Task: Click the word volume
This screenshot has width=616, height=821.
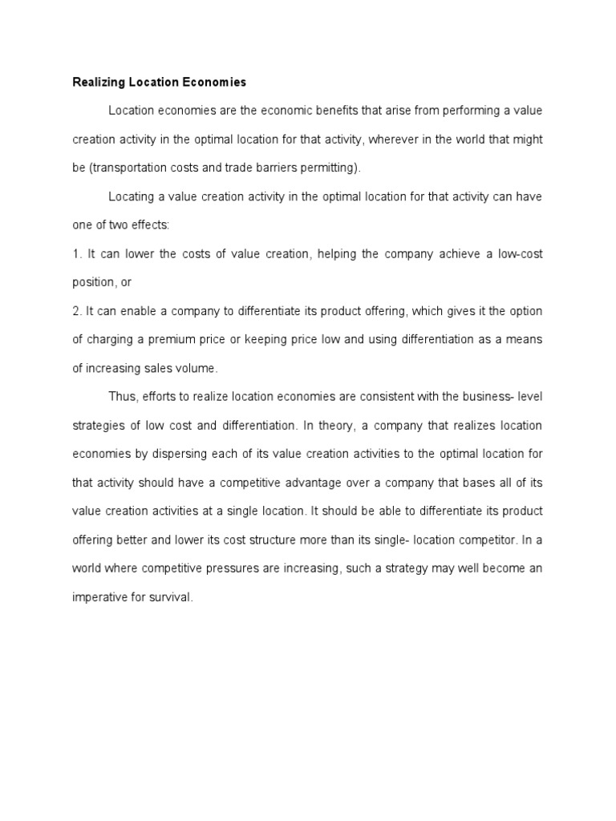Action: pos(199,368)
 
